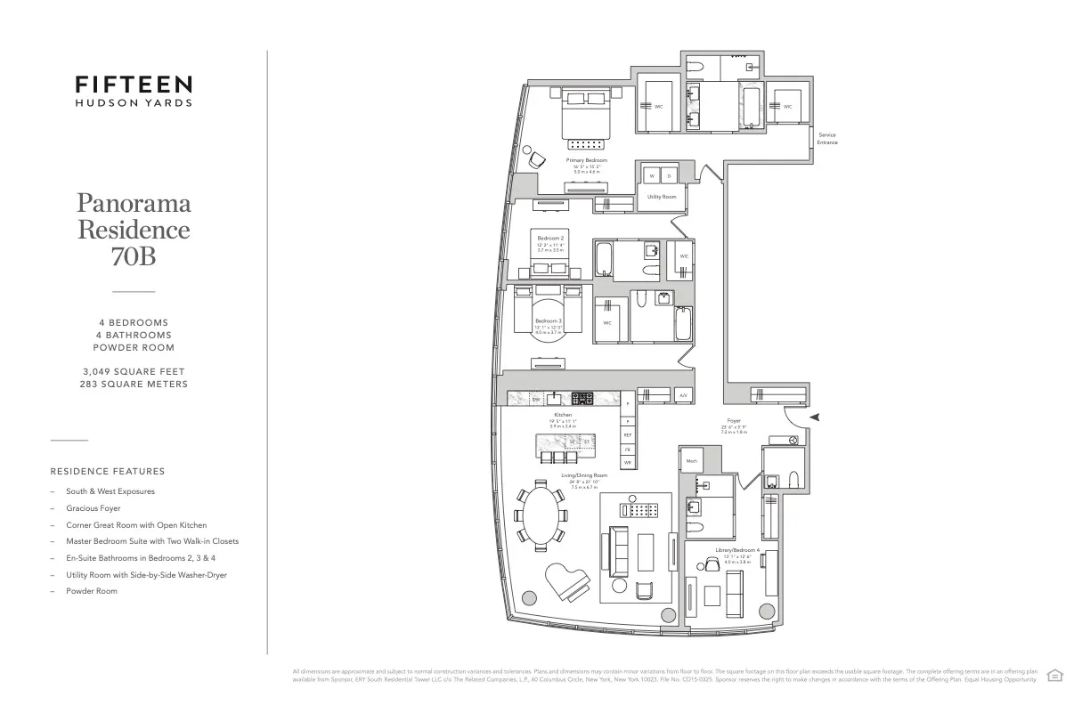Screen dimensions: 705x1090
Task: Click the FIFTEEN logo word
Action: [x=134, y=85]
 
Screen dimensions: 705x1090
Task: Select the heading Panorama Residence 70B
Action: [x=134, y=230]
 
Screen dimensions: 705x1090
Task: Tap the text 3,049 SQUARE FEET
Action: [x=134, y=371]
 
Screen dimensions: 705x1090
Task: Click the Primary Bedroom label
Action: [x=586, y=160]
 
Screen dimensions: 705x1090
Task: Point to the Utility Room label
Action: [x=661, y=196]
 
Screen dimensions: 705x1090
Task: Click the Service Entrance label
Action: [x=827, y=139]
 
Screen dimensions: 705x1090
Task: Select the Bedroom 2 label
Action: [x=550, y=239]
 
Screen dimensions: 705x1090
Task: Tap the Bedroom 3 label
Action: [x=548, y=320]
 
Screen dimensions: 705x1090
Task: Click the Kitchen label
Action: [x=562, y=415]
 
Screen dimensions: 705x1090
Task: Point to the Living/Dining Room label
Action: [x=584, y=475]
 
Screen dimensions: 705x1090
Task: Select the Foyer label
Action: [x=734, y=420]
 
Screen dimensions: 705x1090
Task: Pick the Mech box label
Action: [x=691, y=460]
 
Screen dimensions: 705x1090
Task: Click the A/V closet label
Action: [x=683, y=394]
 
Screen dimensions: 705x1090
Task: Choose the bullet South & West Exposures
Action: [x=110, y=491]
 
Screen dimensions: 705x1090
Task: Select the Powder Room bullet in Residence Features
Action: [x=91, y=591]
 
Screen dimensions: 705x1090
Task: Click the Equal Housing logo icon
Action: [x=1054, y=675]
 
